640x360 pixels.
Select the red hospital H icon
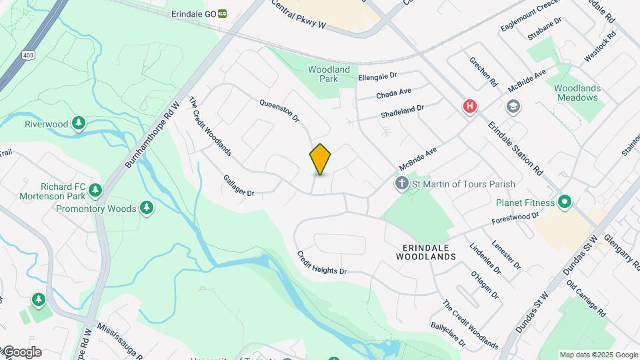coord(470,106)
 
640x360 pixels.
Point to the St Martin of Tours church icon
coord(402,183)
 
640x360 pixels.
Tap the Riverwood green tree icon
coord(79,123)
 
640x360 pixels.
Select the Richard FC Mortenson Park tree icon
coord(95,191)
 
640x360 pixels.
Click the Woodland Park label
coord(329,74)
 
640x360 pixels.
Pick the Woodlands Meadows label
coord(577,93)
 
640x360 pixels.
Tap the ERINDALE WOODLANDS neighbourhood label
coord(425,251)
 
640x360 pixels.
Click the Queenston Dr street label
coord(279,111)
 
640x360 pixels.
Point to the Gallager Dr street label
coord(239,185)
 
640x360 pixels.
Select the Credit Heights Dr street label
coord(322,263)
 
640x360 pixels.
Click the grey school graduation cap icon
coord(513,107)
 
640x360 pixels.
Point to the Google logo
coord(22,352)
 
